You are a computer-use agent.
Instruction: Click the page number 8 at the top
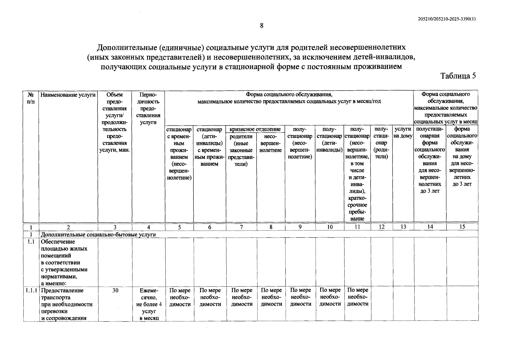click(x=261, y=26)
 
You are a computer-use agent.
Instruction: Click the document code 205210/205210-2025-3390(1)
click(x=447, y=19)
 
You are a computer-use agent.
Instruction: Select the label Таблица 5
click(x=458, y=76)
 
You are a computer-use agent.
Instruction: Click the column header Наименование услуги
click(x=68, y=95)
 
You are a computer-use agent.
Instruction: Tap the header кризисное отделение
click(x=255, y=129)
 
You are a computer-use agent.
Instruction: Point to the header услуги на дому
click(x=403, y=132)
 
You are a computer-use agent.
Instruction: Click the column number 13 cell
click(x=403, y=227)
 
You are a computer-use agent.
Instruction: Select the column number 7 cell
click(x=241, y=227)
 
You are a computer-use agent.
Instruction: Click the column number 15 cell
click(x=462, y=227)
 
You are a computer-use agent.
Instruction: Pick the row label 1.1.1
click(x=31, y=290)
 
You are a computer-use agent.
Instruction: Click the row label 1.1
click(x=31, y=242)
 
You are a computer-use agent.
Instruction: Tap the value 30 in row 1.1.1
click(x=115, y=290)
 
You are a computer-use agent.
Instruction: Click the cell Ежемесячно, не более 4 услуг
click(x=149, y=304)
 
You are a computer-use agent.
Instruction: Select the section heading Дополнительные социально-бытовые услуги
click(x=98, y=234)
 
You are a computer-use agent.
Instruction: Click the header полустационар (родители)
click(x=381, y=143)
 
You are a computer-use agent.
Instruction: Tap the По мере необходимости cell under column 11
click(x=358, y=297)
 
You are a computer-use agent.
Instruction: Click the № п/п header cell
click(x=31, y=98)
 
